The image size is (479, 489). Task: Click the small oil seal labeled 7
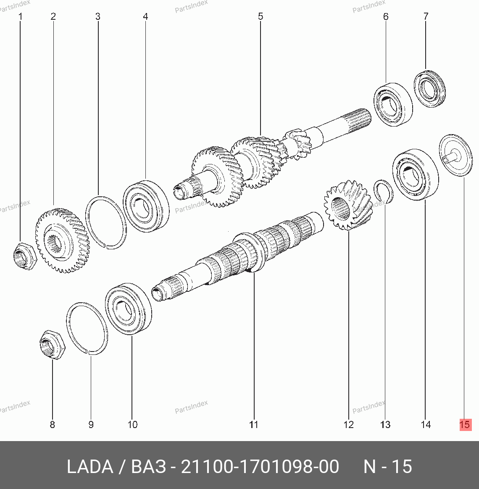click(430, 89)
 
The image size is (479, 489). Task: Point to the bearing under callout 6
click(393, 104)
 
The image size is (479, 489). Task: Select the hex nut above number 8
click(53, 345)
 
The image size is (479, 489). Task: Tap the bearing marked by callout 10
click(129, 309)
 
